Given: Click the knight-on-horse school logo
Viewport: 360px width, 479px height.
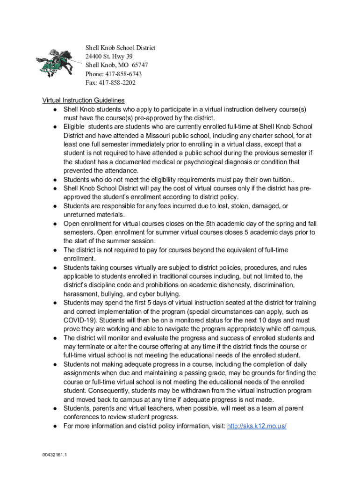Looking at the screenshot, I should click(55, 63).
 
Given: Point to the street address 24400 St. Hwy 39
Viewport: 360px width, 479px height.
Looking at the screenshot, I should click(106, 57).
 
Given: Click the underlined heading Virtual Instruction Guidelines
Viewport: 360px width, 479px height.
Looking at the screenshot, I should click(83, 100).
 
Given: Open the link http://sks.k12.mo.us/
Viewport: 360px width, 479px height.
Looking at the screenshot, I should click(256, 426).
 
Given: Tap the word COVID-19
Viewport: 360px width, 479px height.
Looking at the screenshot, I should click(79, 320).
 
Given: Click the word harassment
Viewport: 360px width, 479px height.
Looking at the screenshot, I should click(80, 294).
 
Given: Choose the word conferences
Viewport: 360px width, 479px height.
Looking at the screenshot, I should click(81, 417).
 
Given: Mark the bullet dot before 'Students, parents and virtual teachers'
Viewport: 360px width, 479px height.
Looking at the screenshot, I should click(55, 409).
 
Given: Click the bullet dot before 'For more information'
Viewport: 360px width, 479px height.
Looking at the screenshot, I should click(55, 426).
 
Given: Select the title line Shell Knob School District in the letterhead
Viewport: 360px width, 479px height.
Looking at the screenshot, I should click(120, 48).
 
